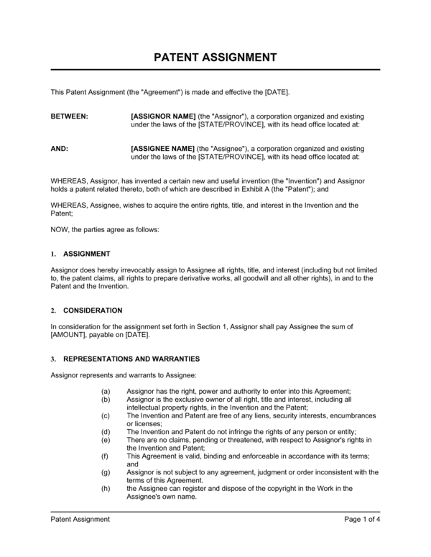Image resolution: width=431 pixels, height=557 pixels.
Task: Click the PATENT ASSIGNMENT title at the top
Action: pyautogui.click(x=215, y=56)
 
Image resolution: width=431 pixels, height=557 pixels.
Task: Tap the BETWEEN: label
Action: pyautogui.click(x=70, y=116)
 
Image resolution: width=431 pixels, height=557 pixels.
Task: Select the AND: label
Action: pyautogui.click(x=60, y=148)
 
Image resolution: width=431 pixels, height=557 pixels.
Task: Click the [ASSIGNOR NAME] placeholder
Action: pyautogui.click(x=163, y=116)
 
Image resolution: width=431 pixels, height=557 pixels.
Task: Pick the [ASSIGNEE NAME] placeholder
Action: pyautogui.click(x=163, y=148)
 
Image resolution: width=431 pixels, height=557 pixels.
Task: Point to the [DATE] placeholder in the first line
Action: pyautogui.click(x=276, y=92)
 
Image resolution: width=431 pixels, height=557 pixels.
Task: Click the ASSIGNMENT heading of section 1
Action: pyautogui.click(x=87, y=254)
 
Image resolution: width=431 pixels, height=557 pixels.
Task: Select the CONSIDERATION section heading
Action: pyautogui.click(x=93, y=310)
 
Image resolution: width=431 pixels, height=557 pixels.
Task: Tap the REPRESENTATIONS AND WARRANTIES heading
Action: pyautogui.click(x=131, y=359)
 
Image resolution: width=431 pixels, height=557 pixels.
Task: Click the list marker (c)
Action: pyautogui.click(x=106, y=415)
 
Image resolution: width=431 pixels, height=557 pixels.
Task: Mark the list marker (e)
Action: pyautogui.click(x=106, y=439)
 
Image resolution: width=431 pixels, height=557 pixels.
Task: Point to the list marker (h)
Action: pyautogui.click(x=106, y=488)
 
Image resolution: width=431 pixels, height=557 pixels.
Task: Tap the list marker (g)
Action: pyautogui.click(x=106, y=472)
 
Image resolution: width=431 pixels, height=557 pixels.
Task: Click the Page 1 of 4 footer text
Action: pyautogui.click(x=362, y=519)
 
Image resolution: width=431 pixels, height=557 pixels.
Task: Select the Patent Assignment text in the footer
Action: pyautogui.click(x=80, y=519)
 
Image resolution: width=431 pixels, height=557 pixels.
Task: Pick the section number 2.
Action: pyautogui.click(x=53, y=310)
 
